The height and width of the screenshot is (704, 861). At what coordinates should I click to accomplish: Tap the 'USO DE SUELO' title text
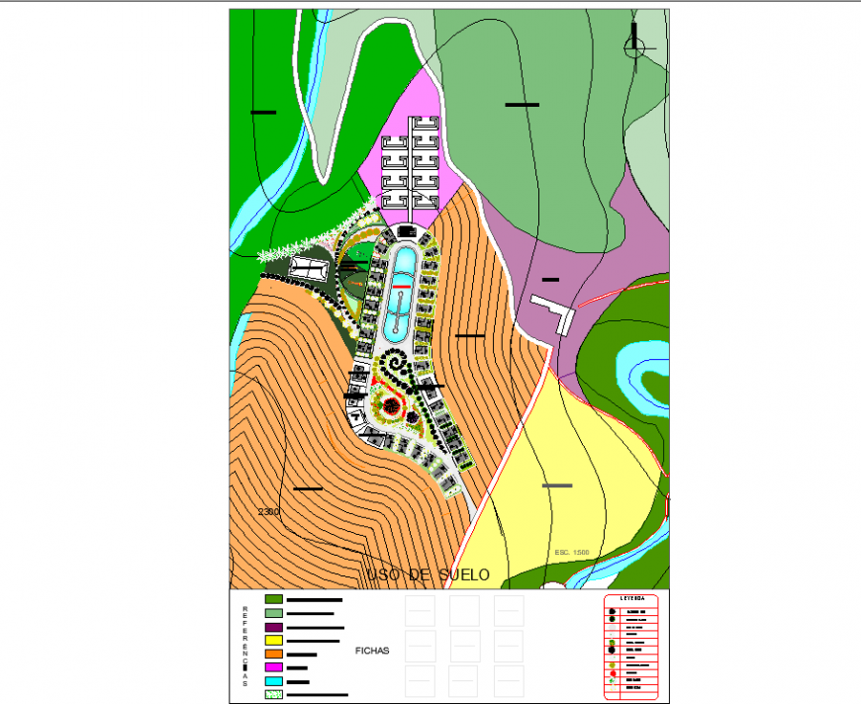pyautogui.click(x=428, y=574)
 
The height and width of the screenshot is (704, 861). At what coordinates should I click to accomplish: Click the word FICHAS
pyautogui.click(x=372, y=651)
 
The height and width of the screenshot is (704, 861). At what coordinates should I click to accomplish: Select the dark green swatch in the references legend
pyautogui.click(x=274, y=599)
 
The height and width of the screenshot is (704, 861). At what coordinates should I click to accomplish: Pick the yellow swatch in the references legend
pyautogui.click(x=274, y=641)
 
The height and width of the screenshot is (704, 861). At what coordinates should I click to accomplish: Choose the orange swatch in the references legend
pyautogui.click(x=274, y=655)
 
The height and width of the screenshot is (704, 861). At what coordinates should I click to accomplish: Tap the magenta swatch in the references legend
pyautogui.click(x=274, y=668)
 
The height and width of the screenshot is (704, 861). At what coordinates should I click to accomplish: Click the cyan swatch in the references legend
pyautogui.click(x=274, y=682)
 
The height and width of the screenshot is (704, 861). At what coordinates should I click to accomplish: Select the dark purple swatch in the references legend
pyautogui.click(x=274, y=627)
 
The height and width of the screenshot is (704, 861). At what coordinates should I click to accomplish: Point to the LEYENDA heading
pyautogui.click(x=632, y=599)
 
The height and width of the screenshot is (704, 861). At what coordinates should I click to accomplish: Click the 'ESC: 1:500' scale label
pyautogui.click(x=572, y=552)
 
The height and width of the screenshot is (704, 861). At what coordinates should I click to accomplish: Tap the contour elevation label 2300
pyautogui.click(x=268, y=512)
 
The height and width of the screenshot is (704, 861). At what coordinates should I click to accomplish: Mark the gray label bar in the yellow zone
pyautogui.click(x=557, y=485)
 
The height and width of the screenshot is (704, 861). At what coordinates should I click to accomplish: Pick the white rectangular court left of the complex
pyautogui.click(x=310, y=267)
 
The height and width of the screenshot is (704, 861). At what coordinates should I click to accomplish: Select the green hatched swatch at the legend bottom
pyautogui.click(x=274, y=695)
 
